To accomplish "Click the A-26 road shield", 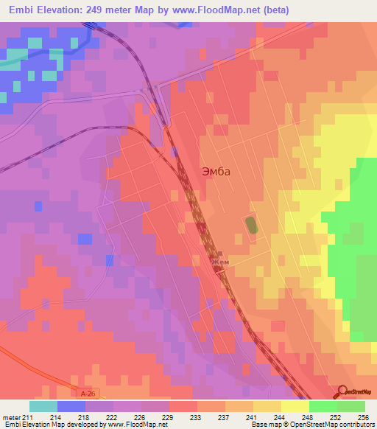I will pyautogui.click(x=88, y=395).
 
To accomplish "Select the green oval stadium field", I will pyautogui.click(x=252, y=224).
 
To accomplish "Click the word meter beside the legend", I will pyautogui.click(x=10, y=417).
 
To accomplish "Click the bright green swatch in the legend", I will pyautogui.click(x=323, y=406).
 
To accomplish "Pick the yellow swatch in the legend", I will pyautogui.click(x=295, y=406).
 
